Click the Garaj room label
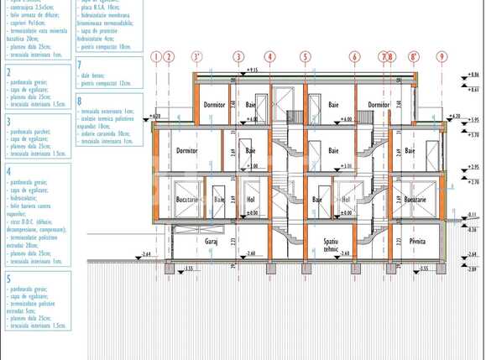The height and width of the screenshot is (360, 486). pyautogui.click(x=212, y=241)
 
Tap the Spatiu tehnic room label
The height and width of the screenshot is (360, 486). pyautogui.click(x=314, y=244)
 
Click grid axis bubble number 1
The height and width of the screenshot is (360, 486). pyautogui.click(x=155, y=57)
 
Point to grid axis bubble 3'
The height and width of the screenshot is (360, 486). pyautogui.click(x=197, y=57)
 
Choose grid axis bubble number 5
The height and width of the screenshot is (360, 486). pyautogui.click(x=306, y=57)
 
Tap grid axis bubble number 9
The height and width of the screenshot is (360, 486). pyautogui.click(x=442, y=57)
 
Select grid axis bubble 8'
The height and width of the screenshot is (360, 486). pyautogui.click(x=414, y=57)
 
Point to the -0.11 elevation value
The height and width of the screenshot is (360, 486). pyautogui.click(x=472, y=215)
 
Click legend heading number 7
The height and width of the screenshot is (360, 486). pyautogui.click(x=79, y=65)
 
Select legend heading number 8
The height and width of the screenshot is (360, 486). pyautogui.click(x=79, y=102)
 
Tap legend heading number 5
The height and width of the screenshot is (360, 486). pyautogui.click(x=8, y=279)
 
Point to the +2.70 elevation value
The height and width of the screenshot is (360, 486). pyautogui.click(x=473, y=181)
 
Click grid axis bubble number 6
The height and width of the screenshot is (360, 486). pyautogui.click(x=355, y=57)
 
